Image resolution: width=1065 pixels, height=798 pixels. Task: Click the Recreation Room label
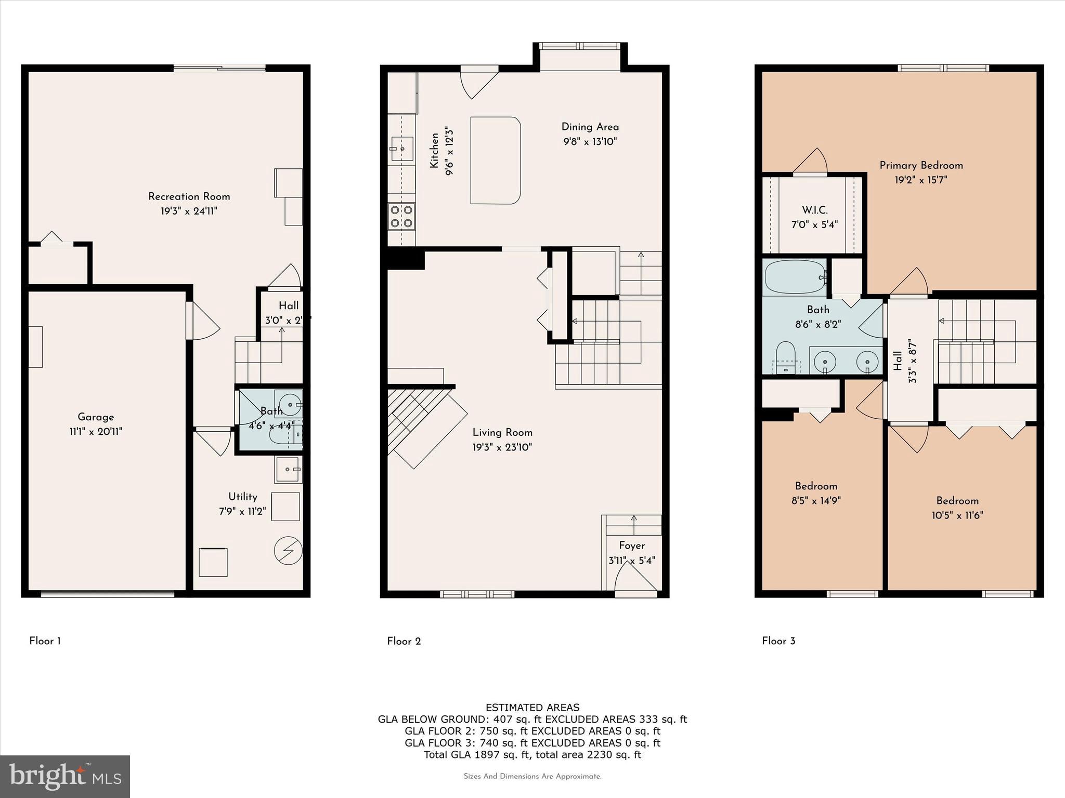tap(189, 196)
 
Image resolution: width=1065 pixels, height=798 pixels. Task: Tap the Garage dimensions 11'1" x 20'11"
tap(96, 432)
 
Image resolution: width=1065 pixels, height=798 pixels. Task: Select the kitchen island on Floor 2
tap(495, 160)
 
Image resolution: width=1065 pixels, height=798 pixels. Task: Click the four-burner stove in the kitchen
tap(401, 217)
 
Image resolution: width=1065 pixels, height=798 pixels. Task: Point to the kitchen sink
tap(402, 149)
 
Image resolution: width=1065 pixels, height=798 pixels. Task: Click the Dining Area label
tap(590, 127)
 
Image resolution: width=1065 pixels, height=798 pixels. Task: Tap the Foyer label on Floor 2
tap(631, 546)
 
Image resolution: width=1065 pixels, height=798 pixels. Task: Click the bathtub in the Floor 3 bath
tap(795, 277)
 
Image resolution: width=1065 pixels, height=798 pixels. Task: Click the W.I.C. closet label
tap(814, 210)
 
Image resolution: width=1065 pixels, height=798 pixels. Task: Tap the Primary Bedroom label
tap(921, 165)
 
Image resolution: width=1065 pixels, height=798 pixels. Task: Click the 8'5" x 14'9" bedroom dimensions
tap(816, 501)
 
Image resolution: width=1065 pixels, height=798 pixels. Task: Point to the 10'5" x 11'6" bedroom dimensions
tap(957, 515)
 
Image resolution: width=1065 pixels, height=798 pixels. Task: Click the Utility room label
tap(242, 497)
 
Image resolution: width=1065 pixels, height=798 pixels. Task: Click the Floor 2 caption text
tap(404, 641)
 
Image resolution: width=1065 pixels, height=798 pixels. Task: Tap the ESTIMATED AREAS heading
tap(532, 708)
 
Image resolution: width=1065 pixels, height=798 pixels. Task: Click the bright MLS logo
tap(65, 776)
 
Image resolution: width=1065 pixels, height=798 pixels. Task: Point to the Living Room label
tap(502, 432)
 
